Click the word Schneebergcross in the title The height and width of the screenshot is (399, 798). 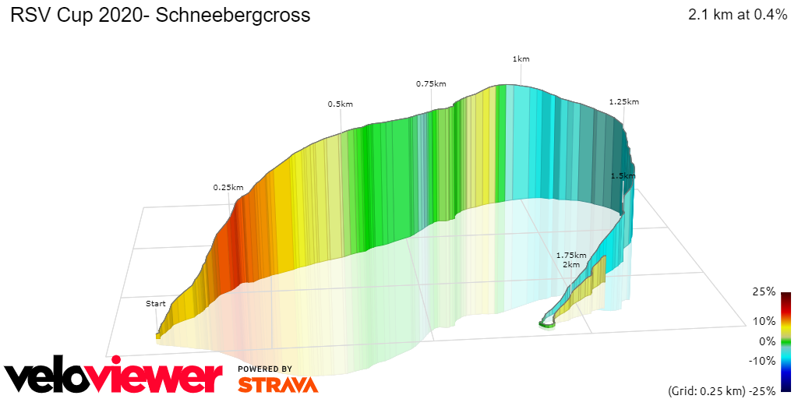pyautogui.click(x=233, y=16)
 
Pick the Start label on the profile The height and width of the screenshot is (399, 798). pyautogui.click(x=156, y=303)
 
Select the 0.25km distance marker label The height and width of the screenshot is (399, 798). pyautogui.click(x=228, y=187)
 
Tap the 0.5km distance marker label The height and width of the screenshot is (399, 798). pyautogui.click(x=340, y=104)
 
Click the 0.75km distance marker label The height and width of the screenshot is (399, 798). pyautogui.click(x=431, y=83)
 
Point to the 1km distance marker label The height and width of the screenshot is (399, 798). pyautogui.click(x=521, y=59)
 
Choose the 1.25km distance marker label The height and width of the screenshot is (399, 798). pyautogui.click(x=623, y=101)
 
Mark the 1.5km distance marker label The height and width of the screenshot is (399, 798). pyautogui.click(x=623, y=176)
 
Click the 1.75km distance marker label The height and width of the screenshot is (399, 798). pyautogui.click(x=570, y=255)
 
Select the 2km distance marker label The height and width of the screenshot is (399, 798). pyautogui.click(x=571, y=265)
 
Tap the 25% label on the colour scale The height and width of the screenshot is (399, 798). pyautogui.click(x=764, y=291)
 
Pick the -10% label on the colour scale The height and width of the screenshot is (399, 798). pyautogui.click(x=761, y=360)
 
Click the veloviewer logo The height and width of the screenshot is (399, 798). pyautogui.click(x=113, y=377)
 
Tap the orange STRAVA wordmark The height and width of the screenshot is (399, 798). pyautogui.click(x=277, y=384)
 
